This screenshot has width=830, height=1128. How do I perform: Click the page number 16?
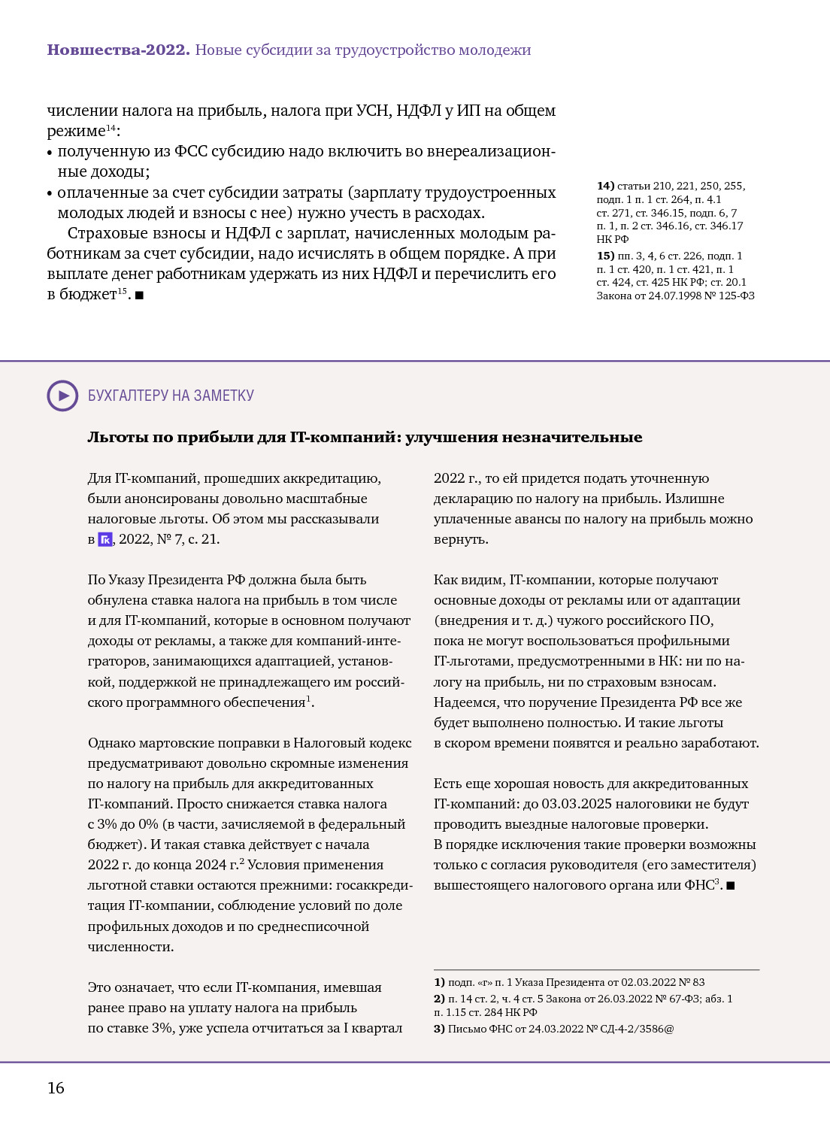tap(56, 1088)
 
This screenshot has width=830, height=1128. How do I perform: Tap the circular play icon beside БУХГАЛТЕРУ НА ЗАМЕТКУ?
tap(62, 396)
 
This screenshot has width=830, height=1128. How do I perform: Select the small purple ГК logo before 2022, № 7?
tap(105, 539)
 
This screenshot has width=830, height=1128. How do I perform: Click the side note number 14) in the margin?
tap(605, 186)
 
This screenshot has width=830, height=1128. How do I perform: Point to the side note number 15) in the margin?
tap(605, 256)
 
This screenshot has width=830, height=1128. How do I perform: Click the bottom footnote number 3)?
tap(439, 1029)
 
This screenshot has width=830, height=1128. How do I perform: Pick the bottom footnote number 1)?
tap(439, 982)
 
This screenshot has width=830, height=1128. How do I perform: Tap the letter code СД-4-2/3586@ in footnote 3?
tap(637, 1029)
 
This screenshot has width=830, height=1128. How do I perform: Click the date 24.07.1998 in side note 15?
tap(679, 296)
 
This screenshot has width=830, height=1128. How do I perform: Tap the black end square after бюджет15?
tap(139, 295)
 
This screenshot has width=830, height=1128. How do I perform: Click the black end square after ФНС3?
tap(731, 886)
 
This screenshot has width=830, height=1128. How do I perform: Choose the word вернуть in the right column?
tap(460, 539)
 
